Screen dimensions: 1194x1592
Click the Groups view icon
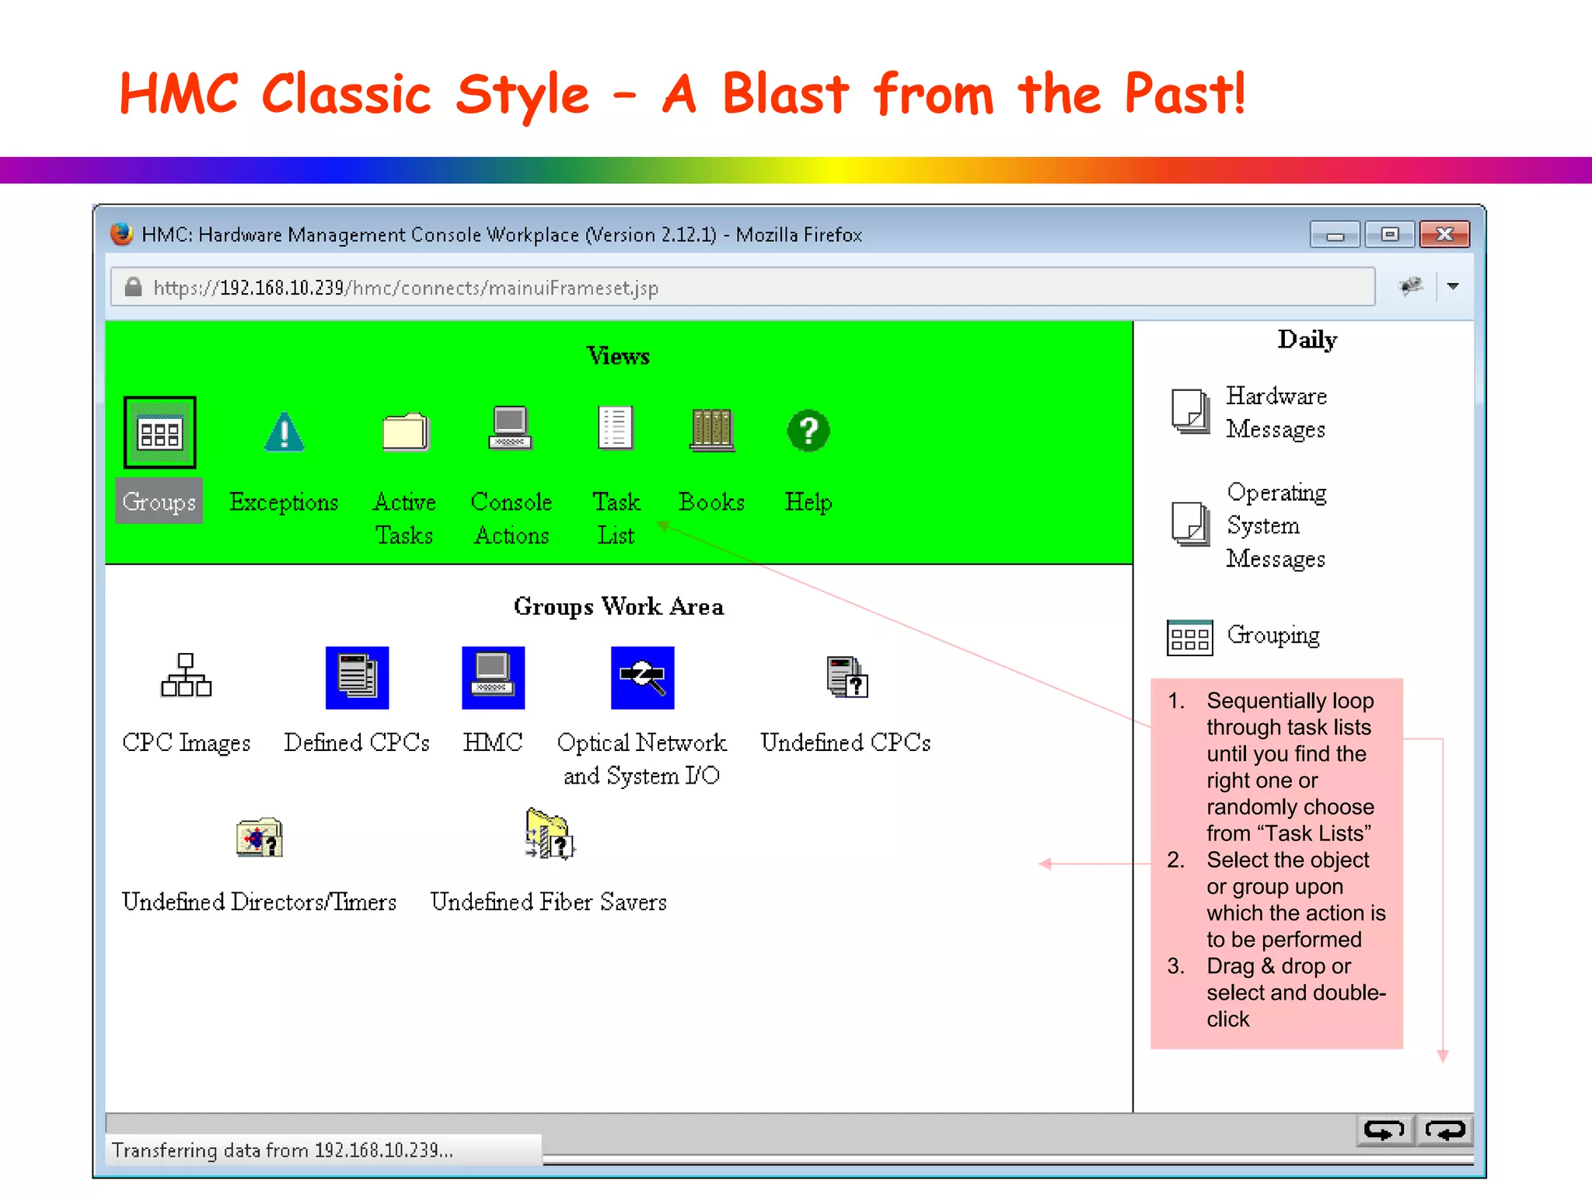[159, 432]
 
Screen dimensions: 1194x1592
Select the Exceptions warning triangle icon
[285, 432]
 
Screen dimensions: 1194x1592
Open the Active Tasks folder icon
[405, 431]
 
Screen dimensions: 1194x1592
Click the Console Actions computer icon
[511, 428]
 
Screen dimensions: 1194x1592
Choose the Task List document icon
[616, 428]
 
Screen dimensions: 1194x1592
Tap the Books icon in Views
[711, 430]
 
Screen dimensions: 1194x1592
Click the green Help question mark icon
[808, 431]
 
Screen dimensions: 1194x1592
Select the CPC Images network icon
[186, 676]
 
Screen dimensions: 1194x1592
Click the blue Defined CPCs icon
[357, 677]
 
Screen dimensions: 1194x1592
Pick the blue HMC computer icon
[493, 677]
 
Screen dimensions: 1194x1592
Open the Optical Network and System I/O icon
[642, 677]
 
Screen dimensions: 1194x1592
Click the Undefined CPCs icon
[847, 677]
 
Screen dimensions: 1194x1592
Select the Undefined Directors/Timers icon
[260, 838]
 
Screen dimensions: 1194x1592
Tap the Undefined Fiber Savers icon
[550, 834]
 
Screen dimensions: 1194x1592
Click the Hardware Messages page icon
[1190, 411]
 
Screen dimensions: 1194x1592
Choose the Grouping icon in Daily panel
[1189, 637]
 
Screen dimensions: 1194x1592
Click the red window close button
[1444, 234]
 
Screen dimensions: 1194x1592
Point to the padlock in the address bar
[134, 288]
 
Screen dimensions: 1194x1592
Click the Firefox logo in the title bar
[121, 234]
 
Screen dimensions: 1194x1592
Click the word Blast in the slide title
[785, 94]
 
